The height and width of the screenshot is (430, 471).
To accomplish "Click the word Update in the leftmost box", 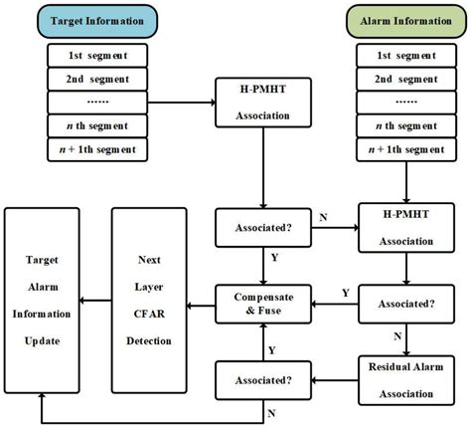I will tap(43, 340).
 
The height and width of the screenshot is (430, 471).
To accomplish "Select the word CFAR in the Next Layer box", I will tap(150, 313).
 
